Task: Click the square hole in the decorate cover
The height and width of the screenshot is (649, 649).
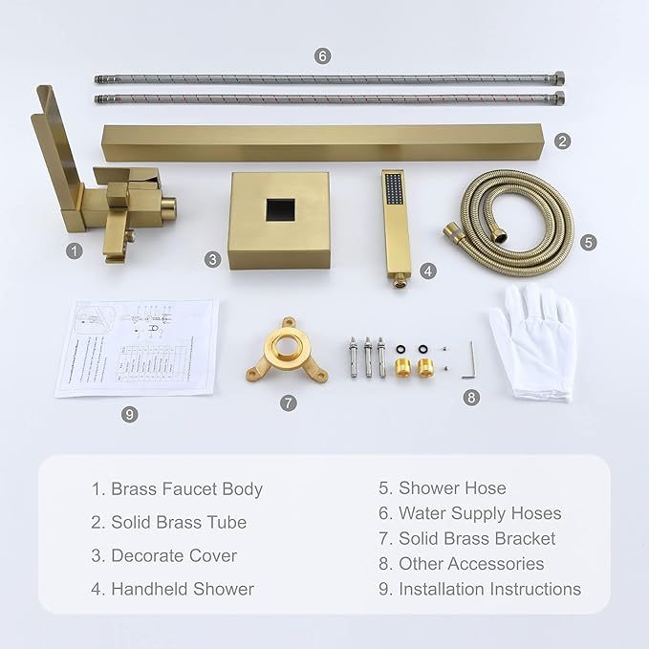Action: point(280,209)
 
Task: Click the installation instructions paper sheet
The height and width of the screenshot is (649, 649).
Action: point(137,347)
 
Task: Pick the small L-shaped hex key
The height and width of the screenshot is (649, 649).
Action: point(469,361)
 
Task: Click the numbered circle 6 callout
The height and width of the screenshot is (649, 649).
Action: point(322,55)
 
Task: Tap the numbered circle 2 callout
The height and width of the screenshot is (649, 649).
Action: point(563,141)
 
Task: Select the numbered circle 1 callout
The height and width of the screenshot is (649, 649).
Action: point(73,250)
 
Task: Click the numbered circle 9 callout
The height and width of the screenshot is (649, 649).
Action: point(130,414)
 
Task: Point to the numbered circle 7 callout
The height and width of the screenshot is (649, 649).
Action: point(289,402)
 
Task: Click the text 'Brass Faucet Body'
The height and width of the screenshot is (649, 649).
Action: point(186,489)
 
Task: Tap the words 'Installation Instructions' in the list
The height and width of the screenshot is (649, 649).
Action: point(489,589)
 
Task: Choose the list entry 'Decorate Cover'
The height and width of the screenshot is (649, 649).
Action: point(174,555)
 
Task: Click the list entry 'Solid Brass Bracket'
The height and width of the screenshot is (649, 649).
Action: point(477,539)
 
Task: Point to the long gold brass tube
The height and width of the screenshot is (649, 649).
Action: point(325,141)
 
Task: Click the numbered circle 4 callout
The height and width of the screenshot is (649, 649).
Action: point(428,270)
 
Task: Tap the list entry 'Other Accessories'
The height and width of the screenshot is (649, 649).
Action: point(471,564)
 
